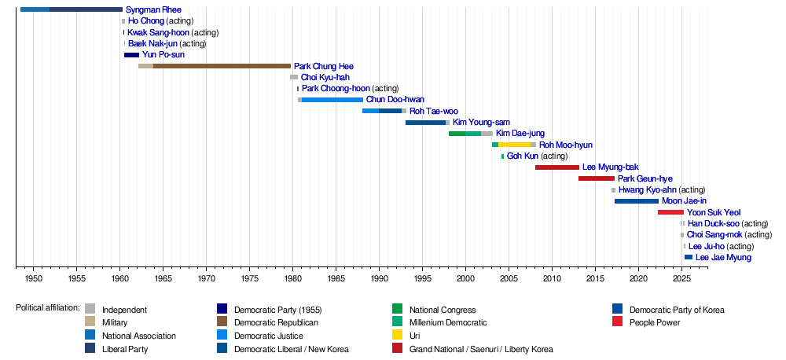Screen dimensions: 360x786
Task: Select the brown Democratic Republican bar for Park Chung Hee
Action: (x=222, y=66)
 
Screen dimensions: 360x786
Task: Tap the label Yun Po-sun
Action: (x=163, y=55)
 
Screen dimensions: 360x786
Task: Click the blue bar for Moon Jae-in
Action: (x=636, y=201)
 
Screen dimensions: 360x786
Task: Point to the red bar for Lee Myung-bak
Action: (x=556, y=167)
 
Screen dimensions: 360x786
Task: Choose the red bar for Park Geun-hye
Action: (x=596, y=178)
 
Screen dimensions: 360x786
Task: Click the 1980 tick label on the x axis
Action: (x=292, y=279)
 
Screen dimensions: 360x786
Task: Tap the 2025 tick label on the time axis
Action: (x=681, y=279)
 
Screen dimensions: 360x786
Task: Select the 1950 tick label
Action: (x=34, y=279)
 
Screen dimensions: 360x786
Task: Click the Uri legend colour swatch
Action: (x=397, y=336)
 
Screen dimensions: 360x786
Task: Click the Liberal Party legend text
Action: (x=124, y=349)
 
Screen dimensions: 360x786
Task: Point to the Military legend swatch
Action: (x=90, y=322)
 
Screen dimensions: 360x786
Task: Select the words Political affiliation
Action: (x=47, y=307)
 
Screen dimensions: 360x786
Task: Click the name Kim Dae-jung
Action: (x=520, y=134)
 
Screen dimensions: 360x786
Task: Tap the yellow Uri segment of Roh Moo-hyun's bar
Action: (x=514, y=145)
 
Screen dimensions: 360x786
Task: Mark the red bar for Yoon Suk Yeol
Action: (x=670, y=212)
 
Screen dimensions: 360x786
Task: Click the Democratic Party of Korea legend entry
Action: (x=677, y=310)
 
